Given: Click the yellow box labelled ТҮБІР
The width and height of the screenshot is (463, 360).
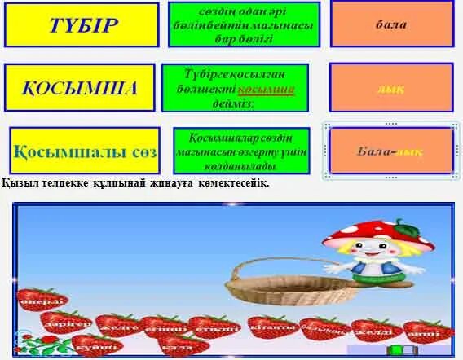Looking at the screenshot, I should click(82, 24).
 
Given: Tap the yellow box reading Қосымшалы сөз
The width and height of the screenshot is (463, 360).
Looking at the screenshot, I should click(85, 150).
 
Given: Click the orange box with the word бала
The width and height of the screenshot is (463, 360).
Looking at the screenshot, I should click(391, 24).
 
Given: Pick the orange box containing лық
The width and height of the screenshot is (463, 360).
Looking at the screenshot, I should click(391, 87).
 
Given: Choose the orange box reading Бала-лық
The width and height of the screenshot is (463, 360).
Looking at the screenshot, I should click(391, 151).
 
